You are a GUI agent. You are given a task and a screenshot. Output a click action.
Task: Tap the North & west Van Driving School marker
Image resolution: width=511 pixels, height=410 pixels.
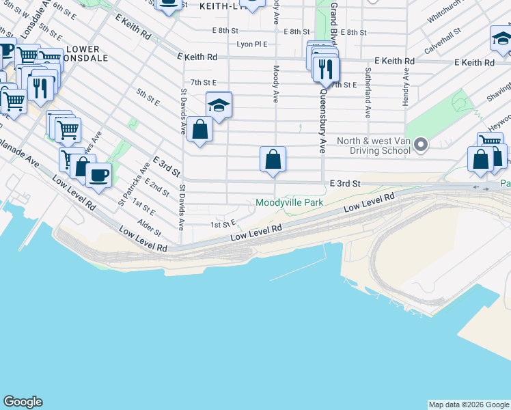(x=421, y=144)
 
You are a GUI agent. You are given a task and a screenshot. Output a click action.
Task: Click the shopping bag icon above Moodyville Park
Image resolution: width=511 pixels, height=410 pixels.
(x=273, y=160)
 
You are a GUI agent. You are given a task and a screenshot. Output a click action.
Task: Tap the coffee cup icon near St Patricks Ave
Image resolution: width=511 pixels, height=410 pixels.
(x=98, y=176)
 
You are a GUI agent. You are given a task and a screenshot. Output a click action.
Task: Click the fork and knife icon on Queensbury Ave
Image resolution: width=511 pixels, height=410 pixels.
(x=326, y=68)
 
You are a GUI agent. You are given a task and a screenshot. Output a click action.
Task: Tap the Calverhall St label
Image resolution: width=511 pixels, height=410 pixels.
(x=443, y=41)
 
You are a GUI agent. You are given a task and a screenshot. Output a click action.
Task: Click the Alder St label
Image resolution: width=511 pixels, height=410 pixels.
(x=148, y=228)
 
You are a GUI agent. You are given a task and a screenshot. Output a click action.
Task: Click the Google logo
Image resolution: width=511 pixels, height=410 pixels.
(x=23, y=402)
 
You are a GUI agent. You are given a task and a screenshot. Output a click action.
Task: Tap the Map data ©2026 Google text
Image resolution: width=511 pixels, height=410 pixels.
(x=469, y=405)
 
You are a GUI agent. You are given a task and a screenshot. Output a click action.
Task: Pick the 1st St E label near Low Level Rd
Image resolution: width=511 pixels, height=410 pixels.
(x=223, y=223)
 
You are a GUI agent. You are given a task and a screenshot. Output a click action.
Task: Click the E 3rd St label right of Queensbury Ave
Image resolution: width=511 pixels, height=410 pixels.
(x=344, y=184)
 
